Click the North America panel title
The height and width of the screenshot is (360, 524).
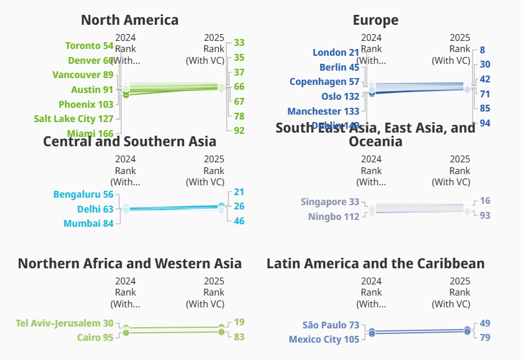click(x=129, y=20)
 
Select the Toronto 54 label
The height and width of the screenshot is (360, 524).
click(x=89, y=46)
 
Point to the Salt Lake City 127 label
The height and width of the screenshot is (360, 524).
click(x=74, y=119)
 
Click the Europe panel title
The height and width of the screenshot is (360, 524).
click(x=375, y=20)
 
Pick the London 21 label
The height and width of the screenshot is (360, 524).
click(x=336, y=53)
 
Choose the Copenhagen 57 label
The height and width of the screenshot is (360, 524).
click(x=324, y=82)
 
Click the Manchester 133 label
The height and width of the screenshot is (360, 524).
click(x=323, y=112)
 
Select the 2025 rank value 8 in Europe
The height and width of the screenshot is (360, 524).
click(x=483, y=50)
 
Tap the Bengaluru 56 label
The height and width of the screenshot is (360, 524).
click(x=83, y=195)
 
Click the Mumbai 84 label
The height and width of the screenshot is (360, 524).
click(x=88, y=224)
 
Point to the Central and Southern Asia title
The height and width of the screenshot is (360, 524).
click(x=129, y=141)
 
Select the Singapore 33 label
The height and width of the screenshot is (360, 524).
click(x=330, y=202)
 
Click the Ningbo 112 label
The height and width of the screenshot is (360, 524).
click(x=333, y=217)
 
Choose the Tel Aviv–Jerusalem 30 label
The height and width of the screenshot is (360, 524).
click(x=64, y=323)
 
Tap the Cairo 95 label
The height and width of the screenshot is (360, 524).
click(x=95, y=338)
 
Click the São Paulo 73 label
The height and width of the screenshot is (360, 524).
click(x=331, y=325)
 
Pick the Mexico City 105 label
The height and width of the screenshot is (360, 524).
click(x=324, y=340)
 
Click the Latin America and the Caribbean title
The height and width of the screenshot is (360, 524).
click(x=375, y=263)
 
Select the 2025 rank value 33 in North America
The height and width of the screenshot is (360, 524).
click(x=239, y=43)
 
